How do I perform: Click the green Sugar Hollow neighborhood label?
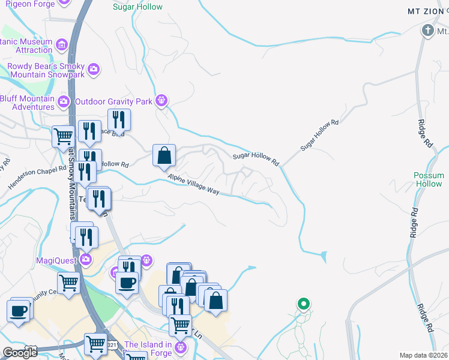pos(137,7)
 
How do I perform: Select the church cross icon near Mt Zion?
pos(428,29)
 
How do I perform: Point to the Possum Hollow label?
pos(429,180)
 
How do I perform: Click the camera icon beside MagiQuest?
pos(86,260)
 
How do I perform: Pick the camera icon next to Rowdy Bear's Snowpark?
pos(93,70)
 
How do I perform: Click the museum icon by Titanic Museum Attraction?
pos(61,44)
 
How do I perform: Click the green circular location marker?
pos(304,304)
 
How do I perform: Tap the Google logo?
pos(20,353)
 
